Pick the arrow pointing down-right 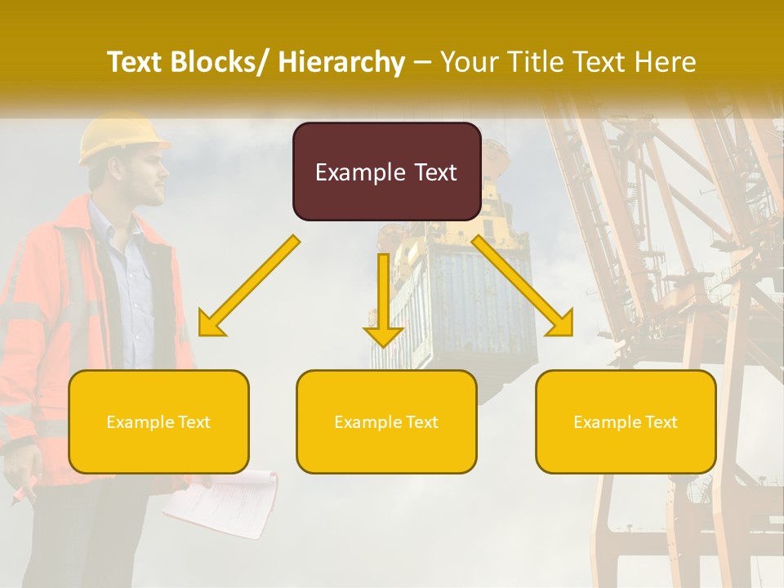click(x=523, y=286)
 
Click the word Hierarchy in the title click(x=341, y=62)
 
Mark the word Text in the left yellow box click(x=193, y=422)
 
